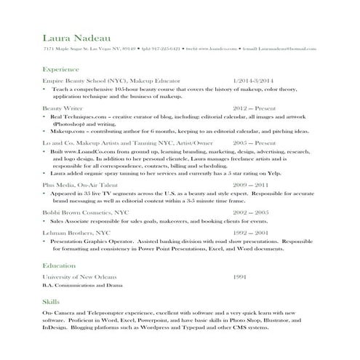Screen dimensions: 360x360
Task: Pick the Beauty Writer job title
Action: pyautogui.click(x=63, y=107)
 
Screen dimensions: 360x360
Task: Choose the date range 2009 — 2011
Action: pyautogui.click(x=251, y=185)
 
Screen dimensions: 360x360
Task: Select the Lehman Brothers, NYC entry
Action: pyautogui.click(x=76, y=232)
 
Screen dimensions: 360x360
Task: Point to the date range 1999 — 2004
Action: pyautogui.click(x=251, y=232)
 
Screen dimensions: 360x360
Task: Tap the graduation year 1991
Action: pyautogui.click(x=240, y=277)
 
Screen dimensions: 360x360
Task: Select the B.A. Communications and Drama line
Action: pyautogui.click(x=84, y=286)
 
